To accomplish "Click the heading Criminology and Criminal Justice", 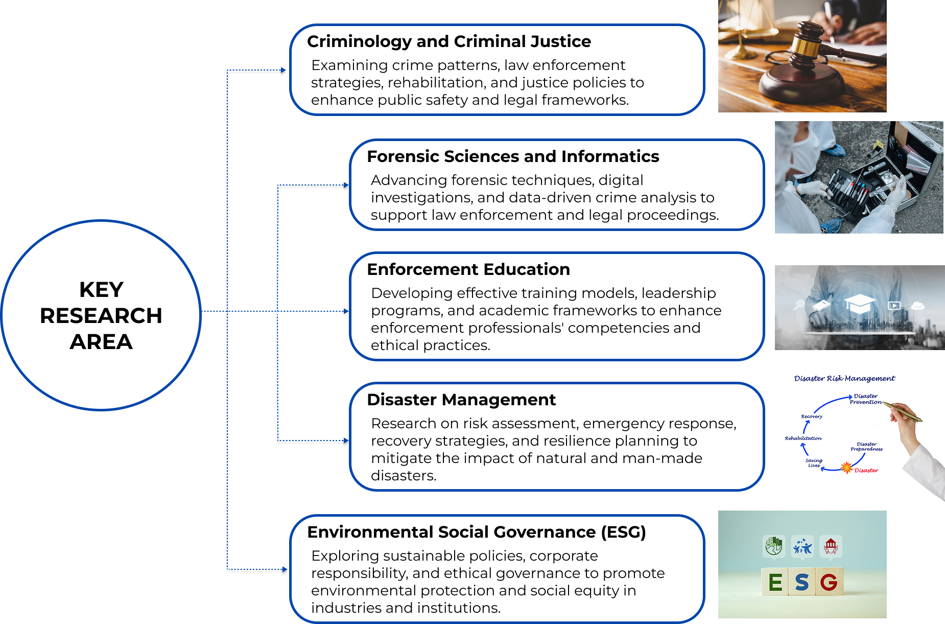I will click(448, 41).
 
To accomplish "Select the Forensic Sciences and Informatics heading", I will click(512, 156).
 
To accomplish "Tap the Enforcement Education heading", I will click(468, 269).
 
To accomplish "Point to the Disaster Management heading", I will click(461, 400).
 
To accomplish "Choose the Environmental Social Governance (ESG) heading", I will click(476, 532).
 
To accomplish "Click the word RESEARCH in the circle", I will click(101, 316).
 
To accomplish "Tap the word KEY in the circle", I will click(101, 290).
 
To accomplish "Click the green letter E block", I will click(775, 582).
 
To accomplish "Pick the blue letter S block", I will click(802, 582).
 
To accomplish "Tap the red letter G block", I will click(829, 582).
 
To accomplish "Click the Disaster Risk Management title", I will click(844, 379).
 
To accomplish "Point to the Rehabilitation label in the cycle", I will click(803, 438).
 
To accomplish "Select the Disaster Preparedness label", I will click(866, 447).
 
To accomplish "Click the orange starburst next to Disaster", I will click(846, 468).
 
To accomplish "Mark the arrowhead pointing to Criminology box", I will click(283, 70).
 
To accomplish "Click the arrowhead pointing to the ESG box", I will click(285, 569).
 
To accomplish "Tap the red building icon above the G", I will click(831, 546).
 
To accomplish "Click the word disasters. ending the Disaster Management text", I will click(404, 476).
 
